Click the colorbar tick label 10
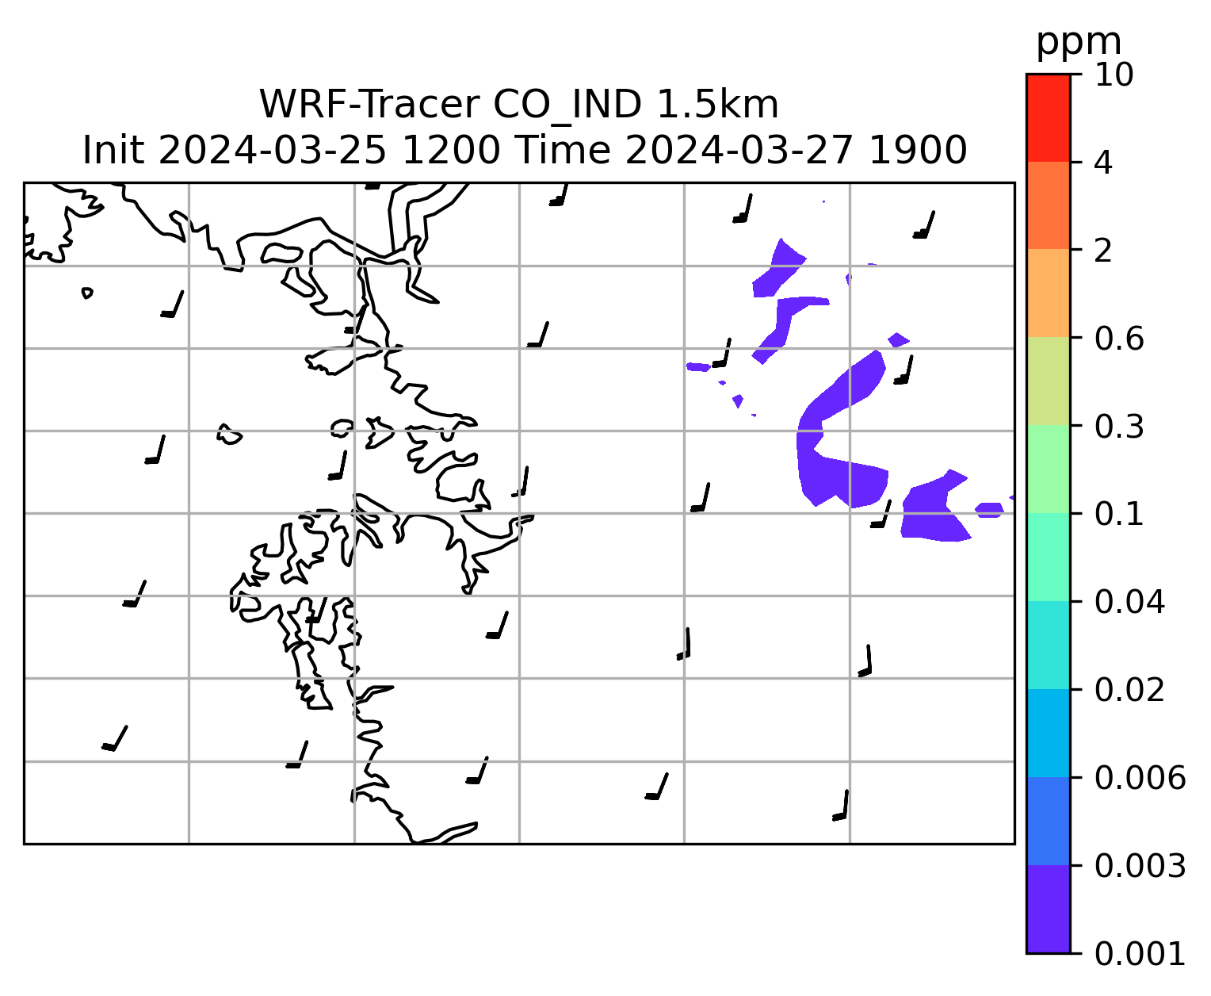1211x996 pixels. (1114, 75)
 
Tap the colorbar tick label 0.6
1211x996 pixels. (1119, 339)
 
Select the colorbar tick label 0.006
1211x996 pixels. (1140, 778)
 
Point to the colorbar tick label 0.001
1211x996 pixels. (1140, 954)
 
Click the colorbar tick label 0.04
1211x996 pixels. (1129, 602)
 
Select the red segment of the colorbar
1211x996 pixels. (1049, 117)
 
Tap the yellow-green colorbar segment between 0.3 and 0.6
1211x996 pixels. (1049, 381)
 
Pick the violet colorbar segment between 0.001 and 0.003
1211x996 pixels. (1049, 910)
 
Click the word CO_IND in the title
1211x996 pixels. (567, 105)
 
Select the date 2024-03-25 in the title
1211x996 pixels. (272, 151)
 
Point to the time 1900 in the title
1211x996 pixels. (918, 151)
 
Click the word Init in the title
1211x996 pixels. (113, 150)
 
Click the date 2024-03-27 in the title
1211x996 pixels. (739, 151)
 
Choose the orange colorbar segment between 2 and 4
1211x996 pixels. (1049, 205)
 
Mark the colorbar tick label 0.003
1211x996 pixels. (1140, 866)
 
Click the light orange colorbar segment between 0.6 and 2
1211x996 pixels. (1049, 293)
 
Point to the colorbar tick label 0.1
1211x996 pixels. (1119, 514)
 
